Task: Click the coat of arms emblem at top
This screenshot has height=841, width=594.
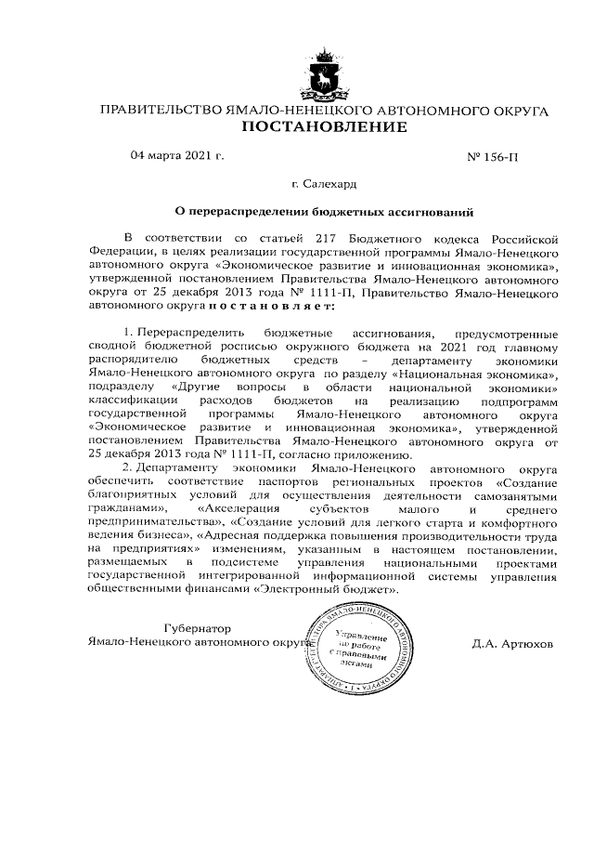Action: [x=325, y=74]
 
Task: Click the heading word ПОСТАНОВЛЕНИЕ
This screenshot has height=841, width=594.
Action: [x=324, y=127]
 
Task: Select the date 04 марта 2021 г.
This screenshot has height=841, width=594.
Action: [x=179, y=156]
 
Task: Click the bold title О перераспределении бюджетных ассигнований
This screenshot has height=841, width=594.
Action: [x=325, y=212]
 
